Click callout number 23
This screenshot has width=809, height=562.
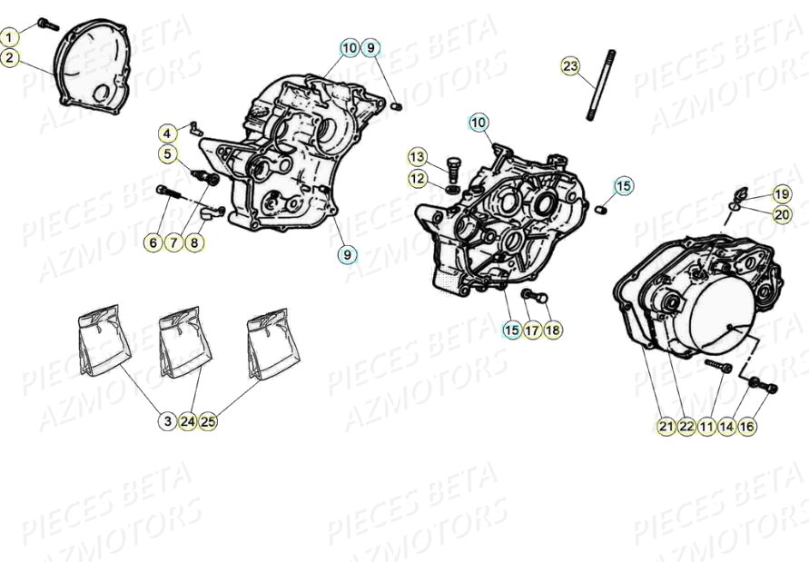(x=569, y=66)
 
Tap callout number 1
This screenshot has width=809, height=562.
(x=9, y=37)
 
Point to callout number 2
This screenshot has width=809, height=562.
(x=9, y=58)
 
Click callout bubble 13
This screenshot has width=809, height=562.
(x=417, y=156)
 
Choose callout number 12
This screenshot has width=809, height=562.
(x=417, y=179)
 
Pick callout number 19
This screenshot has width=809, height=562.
(x=781, y=194)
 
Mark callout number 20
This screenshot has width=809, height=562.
(x=781, y=214)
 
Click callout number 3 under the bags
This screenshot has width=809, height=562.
(x=168, y=421)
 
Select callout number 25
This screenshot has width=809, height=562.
(x=208, y=421)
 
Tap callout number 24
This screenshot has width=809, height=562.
(x=188, y=421)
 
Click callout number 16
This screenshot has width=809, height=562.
(x=747, y=426)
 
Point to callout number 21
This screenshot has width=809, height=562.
(x=666, y=426)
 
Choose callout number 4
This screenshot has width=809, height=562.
(x=168, y=133)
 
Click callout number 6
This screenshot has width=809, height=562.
(x=152, y=242)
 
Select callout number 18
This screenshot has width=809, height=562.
(x=552, y=330)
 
